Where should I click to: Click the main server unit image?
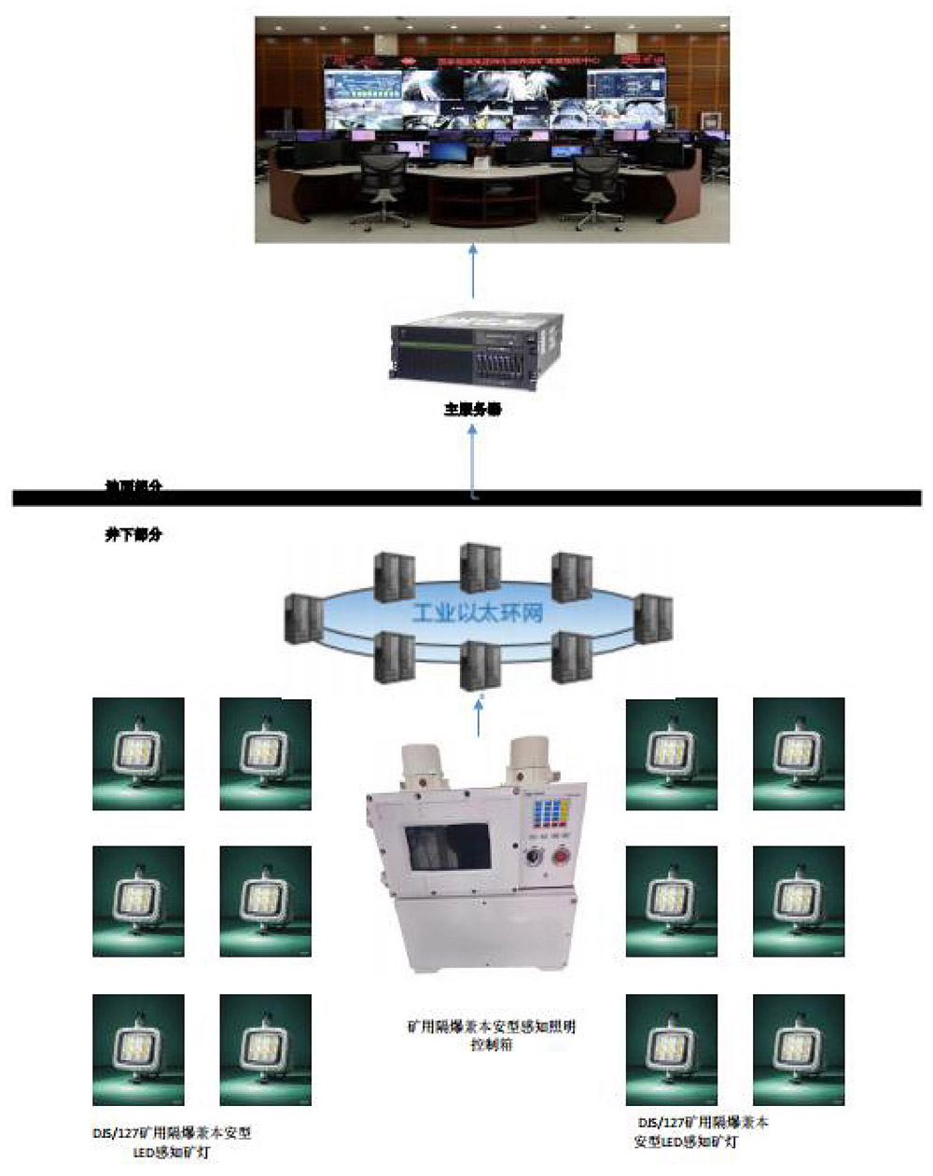coord(478,351)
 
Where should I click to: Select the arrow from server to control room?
coord(473,273)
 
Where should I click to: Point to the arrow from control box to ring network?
coord(480,717)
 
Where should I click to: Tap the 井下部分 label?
coord(133,536)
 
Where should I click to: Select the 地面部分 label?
coord(133,486)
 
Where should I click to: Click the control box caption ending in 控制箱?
coord(491,1035)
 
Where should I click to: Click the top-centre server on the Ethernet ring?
coord(480,567)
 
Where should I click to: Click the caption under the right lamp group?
coord(702,1132)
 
